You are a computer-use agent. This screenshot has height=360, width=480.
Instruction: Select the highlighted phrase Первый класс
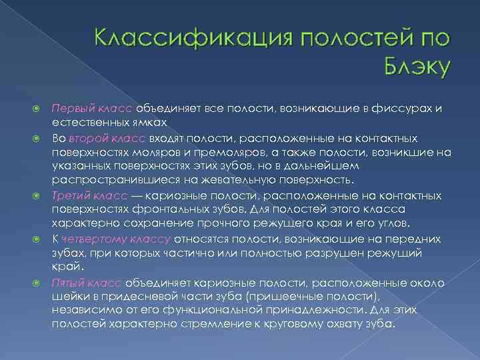pos(92,109)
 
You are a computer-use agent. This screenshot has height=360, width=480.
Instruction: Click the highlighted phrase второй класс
pos(96,138)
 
